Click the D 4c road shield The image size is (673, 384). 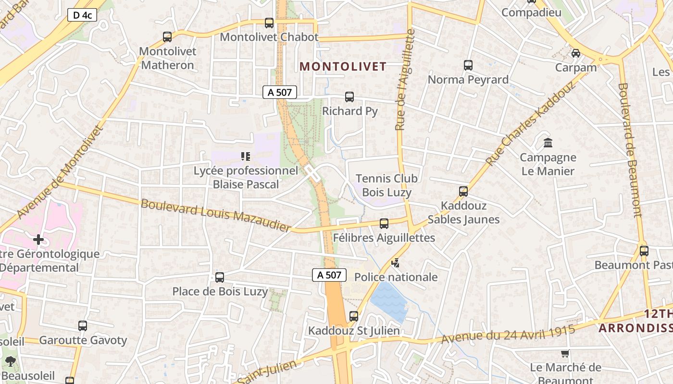[x=82, y=15]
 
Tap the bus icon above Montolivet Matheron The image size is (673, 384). [x=167, y=36]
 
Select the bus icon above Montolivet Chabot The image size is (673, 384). [x=269, y=23]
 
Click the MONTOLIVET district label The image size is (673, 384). [x=343, y=67]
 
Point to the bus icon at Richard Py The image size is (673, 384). [x=349, y=96]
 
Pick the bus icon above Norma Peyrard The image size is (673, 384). [x=468, y=65]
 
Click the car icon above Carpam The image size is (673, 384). [x=575, y=53]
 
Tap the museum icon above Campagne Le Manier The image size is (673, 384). [x=548, y=143]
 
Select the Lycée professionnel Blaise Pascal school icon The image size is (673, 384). [x=246, y=156]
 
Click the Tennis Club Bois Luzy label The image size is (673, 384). [x=386, y=185]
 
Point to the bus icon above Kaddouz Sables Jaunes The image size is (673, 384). [x=463, y=191]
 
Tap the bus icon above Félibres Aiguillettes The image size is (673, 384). [x=384, y=223]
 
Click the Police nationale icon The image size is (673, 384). [x=396, y=263]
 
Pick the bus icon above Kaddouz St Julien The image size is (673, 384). [x=354, y=316]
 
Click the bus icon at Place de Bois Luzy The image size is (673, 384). [x=220, y=277]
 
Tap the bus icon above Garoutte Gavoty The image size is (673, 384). [x=83, y=325]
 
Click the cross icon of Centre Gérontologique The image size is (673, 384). [x=38, y=239]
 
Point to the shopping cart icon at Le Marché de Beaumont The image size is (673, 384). [x=565, y=353]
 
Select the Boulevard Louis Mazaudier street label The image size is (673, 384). [x=216, y=215]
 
